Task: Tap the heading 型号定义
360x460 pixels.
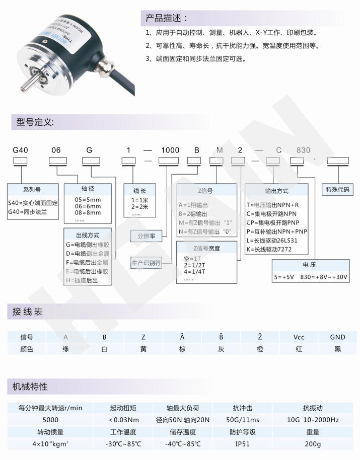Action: tap(35, 122)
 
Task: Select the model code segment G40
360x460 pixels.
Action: tap(20, 150)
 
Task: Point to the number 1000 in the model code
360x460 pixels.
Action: tap(170, 150)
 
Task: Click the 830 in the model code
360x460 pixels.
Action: tap(304, 150)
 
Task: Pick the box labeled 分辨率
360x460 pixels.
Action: tap(142, 236)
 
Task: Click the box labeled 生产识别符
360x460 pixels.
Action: tap(146, 263)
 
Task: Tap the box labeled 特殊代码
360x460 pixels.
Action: tap(337, 189)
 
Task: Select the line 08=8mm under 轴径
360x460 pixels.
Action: tap(88, 212)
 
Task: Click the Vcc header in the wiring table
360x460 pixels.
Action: tap(299, 337)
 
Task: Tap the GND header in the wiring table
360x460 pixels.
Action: tap(337, 337)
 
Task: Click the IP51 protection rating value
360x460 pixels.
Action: tap(243, 444)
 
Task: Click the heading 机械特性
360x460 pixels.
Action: tap(30, 387)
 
